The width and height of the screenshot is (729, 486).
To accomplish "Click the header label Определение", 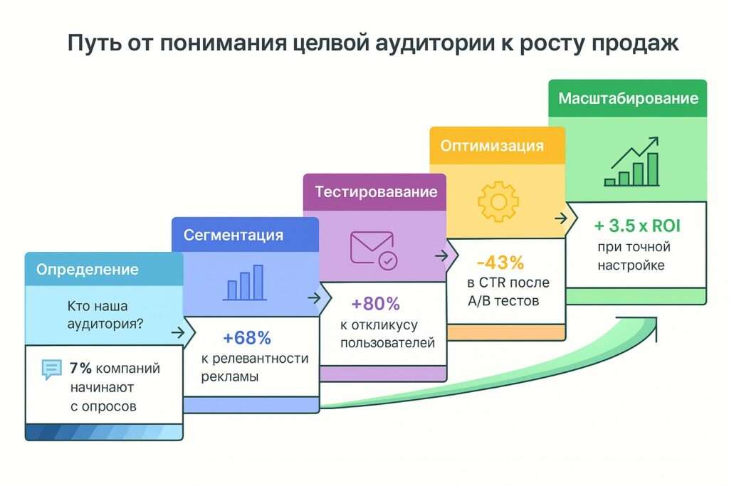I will (x=88, y=270).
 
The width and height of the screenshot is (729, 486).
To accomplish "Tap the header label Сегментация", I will (x=234, y=235).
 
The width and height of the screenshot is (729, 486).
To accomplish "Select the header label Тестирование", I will (x=376, y=192).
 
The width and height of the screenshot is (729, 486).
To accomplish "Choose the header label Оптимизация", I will (x=492, y=146).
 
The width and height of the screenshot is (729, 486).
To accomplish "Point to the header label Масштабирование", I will (x=628, y=98).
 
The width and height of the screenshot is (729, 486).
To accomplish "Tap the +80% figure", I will (x=376, y=304).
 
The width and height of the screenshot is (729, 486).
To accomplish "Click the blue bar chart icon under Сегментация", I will (x=244, y=282).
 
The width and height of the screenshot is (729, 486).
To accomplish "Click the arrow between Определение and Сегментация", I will (x=178, y=332).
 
